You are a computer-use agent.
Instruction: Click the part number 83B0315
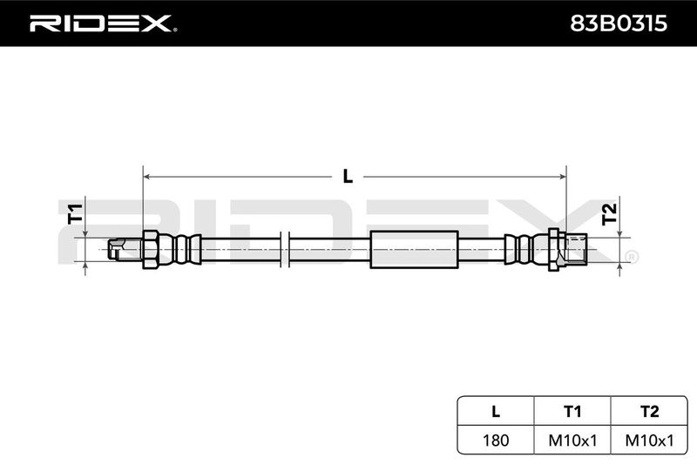[619, 24]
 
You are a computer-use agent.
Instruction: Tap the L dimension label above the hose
[348, 177]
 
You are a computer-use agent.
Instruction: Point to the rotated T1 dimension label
[75, 213]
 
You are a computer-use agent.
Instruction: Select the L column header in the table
[496, 412]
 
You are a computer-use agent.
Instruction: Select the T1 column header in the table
[572, 412]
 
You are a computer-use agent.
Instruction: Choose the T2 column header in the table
[649, 412]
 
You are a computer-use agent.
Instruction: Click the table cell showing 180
[496, 440]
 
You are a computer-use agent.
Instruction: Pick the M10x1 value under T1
[572, 440]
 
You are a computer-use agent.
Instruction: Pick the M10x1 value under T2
[649, 440]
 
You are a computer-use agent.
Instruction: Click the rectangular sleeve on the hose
[414, 250]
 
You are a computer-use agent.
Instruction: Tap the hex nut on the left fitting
[150, 250]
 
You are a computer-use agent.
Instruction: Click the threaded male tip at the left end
[125, 249]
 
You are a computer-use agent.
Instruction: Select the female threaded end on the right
[576, 250]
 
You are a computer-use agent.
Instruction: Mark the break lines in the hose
[285, 250]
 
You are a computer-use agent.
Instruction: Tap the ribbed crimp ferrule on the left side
[180, 250]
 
